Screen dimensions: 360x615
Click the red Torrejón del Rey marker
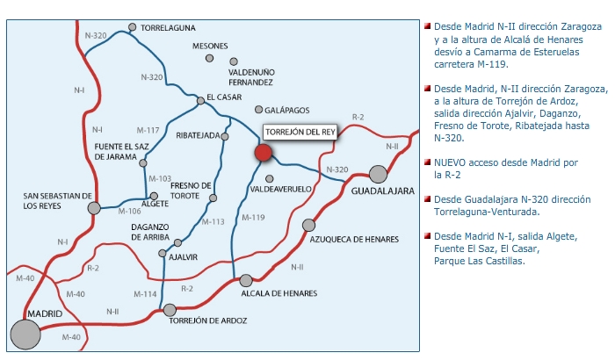[x=263, y=153]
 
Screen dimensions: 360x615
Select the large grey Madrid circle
[x=25, y=334]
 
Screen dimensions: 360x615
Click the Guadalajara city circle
[x=379, y=174]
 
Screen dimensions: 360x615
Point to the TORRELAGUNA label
[x=168, y=28]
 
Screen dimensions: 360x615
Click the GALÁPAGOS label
[x=288, y=110]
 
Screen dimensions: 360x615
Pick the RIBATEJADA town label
[x=197, y=136]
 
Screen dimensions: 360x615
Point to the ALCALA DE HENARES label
[x=279, y=293]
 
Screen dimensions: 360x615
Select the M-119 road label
[x=253, y=217]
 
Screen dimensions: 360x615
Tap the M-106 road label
[x=128, y=211]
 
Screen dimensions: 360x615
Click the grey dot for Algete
[x=154, y=197]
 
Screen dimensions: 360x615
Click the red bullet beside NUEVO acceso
[x=427, y=162]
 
